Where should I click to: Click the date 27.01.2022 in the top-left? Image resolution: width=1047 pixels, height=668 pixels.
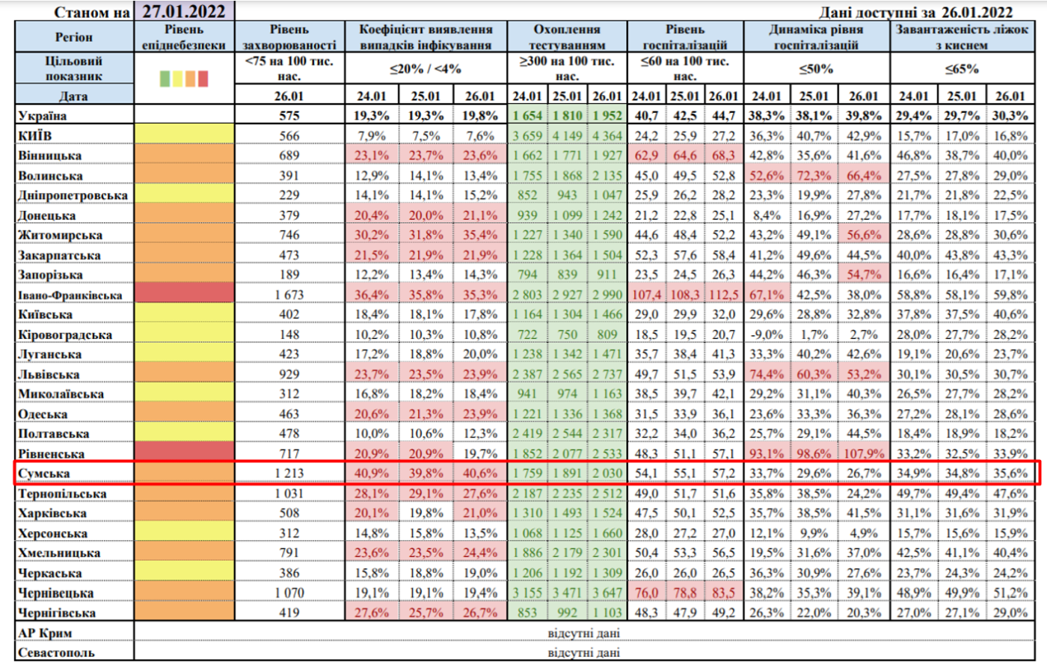184,12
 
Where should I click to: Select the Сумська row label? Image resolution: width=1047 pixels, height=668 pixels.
44,474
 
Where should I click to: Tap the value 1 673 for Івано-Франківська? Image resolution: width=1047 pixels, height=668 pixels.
289,295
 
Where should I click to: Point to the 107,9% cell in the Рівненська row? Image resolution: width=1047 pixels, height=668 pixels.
864,453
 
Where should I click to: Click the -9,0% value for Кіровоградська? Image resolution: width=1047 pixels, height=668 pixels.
766,334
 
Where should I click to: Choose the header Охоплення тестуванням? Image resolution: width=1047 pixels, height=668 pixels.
566,37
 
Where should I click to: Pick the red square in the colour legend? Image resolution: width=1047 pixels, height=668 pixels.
203,78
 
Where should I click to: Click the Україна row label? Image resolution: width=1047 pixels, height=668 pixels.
43,116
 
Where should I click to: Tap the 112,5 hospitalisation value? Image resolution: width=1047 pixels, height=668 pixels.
723,295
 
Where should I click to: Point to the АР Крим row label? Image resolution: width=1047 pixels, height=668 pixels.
45,633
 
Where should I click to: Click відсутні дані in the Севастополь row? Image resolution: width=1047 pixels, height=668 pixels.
583,652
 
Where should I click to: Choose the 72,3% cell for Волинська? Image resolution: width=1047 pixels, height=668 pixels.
814,176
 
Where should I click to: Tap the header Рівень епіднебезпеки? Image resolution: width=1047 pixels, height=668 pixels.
184,37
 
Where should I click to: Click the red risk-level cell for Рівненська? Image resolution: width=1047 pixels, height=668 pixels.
184,453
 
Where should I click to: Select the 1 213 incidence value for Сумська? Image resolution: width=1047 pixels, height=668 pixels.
289,474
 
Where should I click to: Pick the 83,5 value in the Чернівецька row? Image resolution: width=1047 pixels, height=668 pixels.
723,592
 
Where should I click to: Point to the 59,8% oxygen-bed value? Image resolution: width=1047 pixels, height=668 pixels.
1010,295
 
